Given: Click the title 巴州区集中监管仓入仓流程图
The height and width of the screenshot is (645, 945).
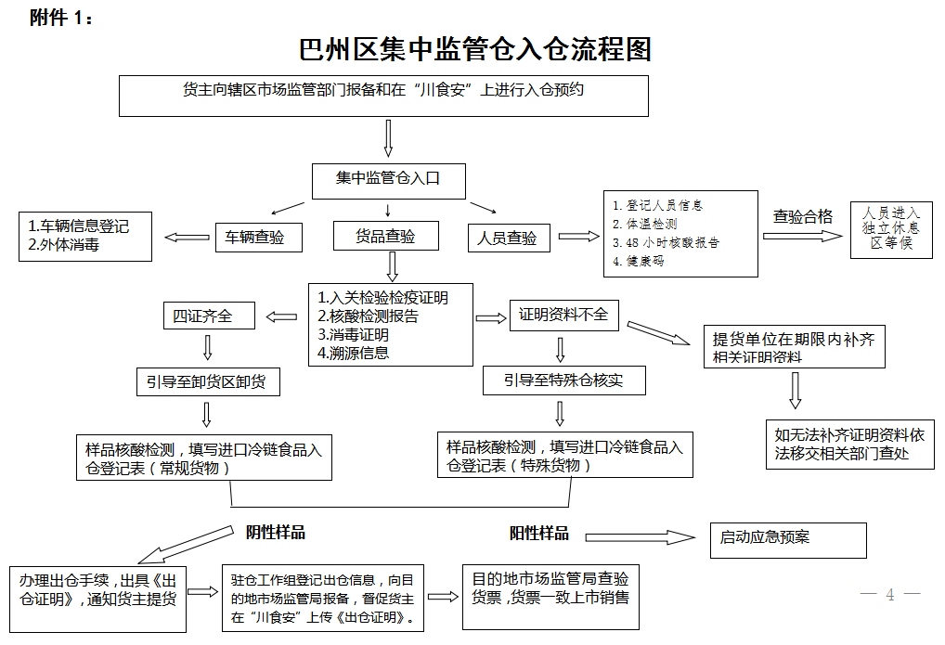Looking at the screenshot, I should pyautogui.click(x=475, y=49).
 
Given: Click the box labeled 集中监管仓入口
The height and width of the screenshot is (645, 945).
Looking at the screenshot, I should pyautogui.click(x=387, y=179).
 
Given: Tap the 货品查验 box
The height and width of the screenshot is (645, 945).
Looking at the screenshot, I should pyautogui.click(x=385, y=237).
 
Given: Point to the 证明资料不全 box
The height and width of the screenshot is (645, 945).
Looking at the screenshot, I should pyautogui.click(x=563, y=316).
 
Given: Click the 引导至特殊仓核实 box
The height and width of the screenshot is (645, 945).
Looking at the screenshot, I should pyautogui.click(x=563, y=381).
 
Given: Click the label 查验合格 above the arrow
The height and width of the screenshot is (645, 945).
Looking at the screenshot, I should pyautogui.click(x=803, y=216).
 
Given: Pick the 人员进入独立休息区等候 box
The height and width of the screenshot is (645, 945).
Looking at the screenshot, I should pyautogui.click(x=891, y=228).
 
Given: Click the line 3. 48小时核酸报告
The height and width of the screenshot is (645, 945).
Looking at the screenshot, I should pyautogui.click(x=666, y=242).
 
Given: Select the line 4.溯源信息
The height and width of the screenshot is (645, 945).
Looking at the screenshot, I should pyautogui.click(x=354, y=352).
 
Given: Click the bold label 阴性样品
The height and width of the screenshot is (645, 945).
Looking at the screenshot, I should pyautogui.click(x=276, y=533).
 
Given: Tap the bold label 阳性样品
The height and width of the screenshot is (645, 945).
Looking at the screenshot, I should pyautogui.click(x=539, y=534).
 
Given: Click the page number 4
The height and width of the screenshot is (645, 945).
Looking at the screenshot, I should pyautogui.click(x=890, y=595).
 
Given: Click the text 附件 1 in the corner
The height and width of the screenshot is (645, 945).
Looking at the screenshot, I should pyautogui.click(x=61, y=19).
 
